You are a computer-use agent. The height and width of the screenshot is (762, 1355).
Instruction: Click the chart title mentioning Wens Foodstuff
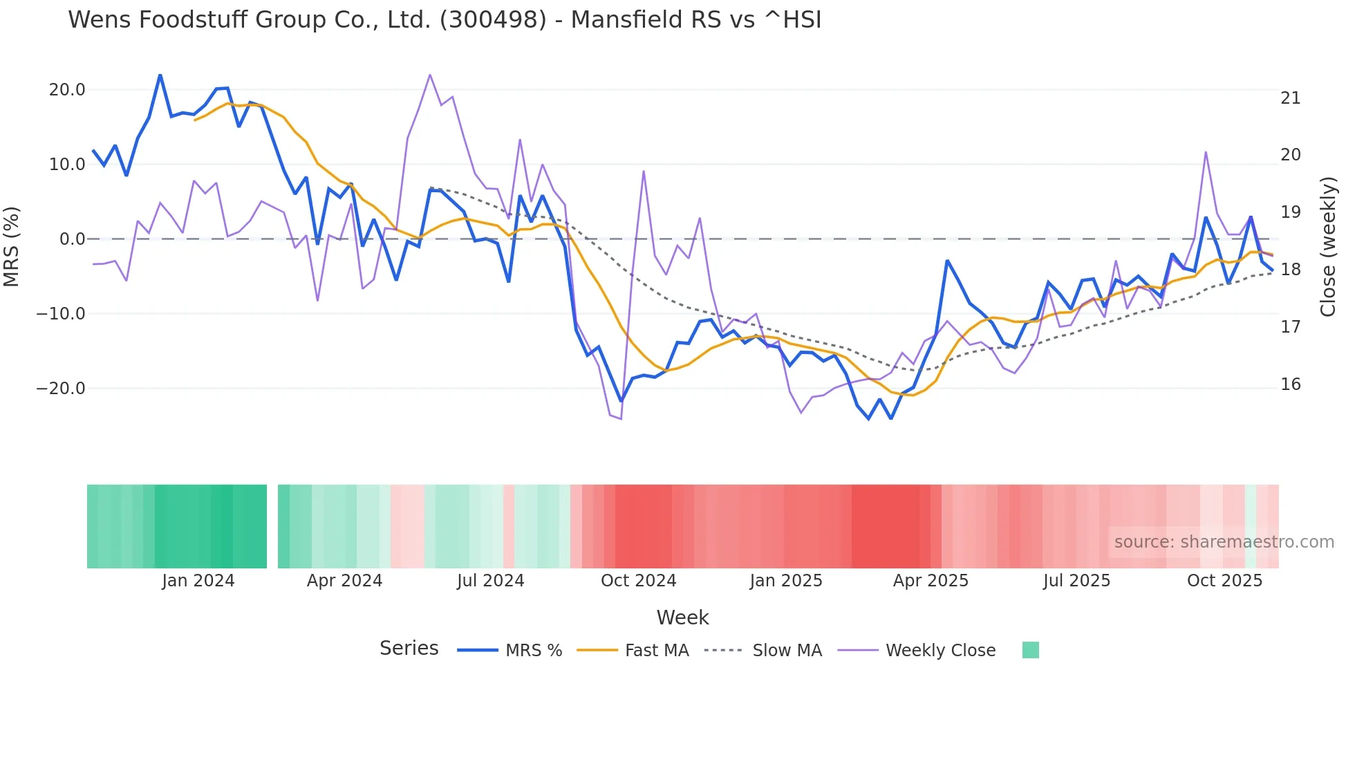[x=445, y=20]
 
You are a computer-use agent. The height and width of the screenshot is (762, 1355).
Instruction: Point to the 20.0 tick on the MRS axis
[x=67, y=90]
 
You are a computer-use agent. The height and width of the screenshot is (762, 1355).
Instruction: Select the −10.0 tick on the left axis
[x=61, y=314]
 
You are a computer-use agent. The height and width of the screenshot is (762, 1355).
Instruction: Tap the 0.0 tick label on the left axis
[x=72, y=239]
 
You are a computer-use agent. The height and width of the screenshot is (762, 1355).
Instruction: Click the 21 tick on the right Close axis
[x=1290, y=98]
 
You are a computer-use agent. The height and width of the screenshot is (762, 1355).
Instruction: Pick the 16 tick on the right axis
[x=1290, y=384]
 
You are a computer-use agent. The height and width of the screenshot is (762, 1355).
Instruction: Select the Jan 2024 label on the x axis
[x=198, y=581]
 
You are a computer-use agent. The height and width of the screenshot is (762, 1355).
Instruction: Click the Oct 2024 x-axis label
[x=638, y=581]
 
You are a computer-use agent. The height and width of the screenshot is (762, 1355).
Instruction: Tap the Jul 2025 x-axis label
[x=1076, y=581]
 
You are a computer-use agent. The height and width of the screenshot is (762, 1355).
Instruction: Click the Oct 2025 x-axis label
[x=1224, y=581]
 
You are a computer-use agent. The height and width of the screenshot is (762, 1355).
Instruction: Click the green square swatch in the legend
[x=1030, y=650]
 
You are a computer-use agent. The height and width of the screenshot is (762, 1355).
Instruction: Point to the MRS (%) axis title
[x=12, y=246]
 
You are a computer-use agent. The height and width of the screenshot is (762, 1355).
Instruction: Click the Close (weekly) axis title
[x=1327, y=246]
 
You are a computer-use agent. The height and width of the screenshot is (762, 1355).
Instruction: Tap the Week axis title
[x=682, y=617]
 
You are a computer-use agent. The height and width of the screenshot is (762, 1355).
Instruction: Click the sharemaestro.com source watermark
[x=1224, y=542]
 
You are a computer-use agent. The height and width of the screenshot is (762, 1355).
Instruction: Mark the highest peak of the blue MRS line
[x=160, y=75]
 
